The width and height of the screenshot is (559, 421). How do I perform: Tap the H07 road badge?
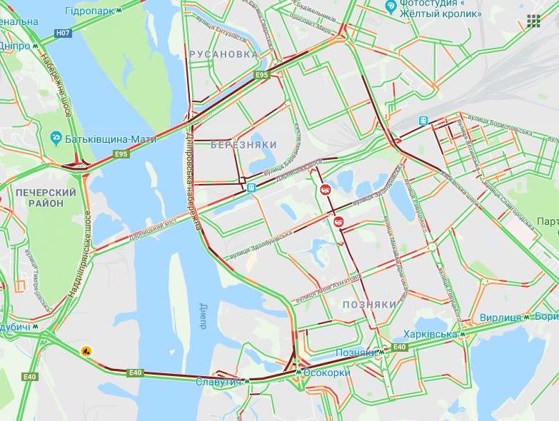tap(63, 33)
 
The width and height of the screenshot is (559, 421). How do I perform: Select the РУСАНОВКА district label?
tap(223, 54)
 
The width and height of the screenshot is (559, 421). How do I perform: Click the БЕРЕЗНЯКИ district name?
tap(243, 145)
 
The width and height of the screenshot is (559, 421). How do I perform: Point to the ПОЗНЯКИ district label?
tap(369, 304)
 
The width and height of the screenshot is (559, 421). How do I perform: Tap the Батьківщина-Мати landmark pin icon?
tap(55, 138)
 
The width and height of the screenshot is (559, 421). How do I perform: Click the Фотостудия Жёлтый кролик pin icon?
tap(390, 6)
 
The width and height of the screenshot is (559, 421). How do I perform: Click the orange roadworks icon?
tap(86, 350)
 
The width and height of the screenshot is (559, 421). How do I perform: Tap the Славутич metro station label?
tap(218, 382)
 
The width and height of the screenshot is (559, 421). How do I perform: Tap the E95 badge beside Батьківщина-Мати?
tap(121, 153)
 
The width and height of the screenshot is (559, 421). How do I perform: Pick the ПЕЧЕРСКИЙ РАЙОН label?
tap(45, 198)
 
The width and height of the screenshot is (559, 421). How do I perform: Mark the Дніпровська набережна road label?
tap(192, 178)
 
